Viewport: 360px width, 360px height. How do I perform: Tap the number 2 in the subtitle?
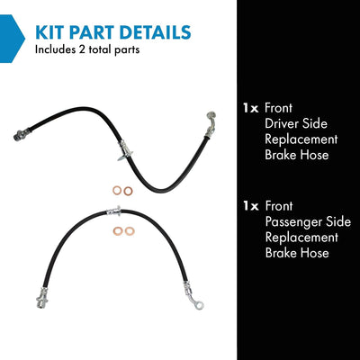pyautogui.click(x=82, y=49)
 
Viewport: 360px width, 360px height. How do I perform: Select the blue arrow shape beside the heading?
pyautogui.click(x=12, y=39)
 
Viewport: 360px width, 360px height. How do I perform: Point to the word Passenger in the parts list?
pyautogui.click(x=292, y=222)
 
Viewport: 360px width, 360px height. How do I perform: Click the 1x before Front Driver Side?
pyautogui.click(x=251, y=108)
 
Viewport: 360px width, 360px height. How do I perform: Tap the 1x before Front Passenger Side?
pyautogui.click(x=251, y=206)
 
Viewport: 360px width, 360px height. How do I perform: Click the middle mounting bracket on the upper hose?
pyautogui.click(x=125, y=151)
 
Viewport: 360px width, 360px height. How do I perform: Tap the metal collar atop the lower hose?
pyautogui.click(x=114, y=211)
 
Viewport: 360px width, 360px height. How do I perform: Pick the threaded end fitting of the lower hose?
pyautogui.click(x=42, y=298)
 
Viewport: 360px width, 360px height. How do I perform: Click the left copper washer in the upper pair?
pyautogui.click(x=117, y=190)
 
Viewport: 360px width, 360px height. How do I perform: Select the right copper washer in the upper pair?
pyautogui.click(x=128, y=191)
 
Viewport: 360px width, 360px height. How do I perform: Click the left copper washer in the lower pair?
pyautogui.click(x=118, y=231)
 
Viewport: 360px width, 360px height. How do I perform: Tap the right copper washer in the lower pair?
pyautogui.click(x=130, y=231)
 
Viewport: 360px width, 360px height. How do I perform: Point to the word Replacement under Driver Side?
pyautogui.click(x=301, y=139)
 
